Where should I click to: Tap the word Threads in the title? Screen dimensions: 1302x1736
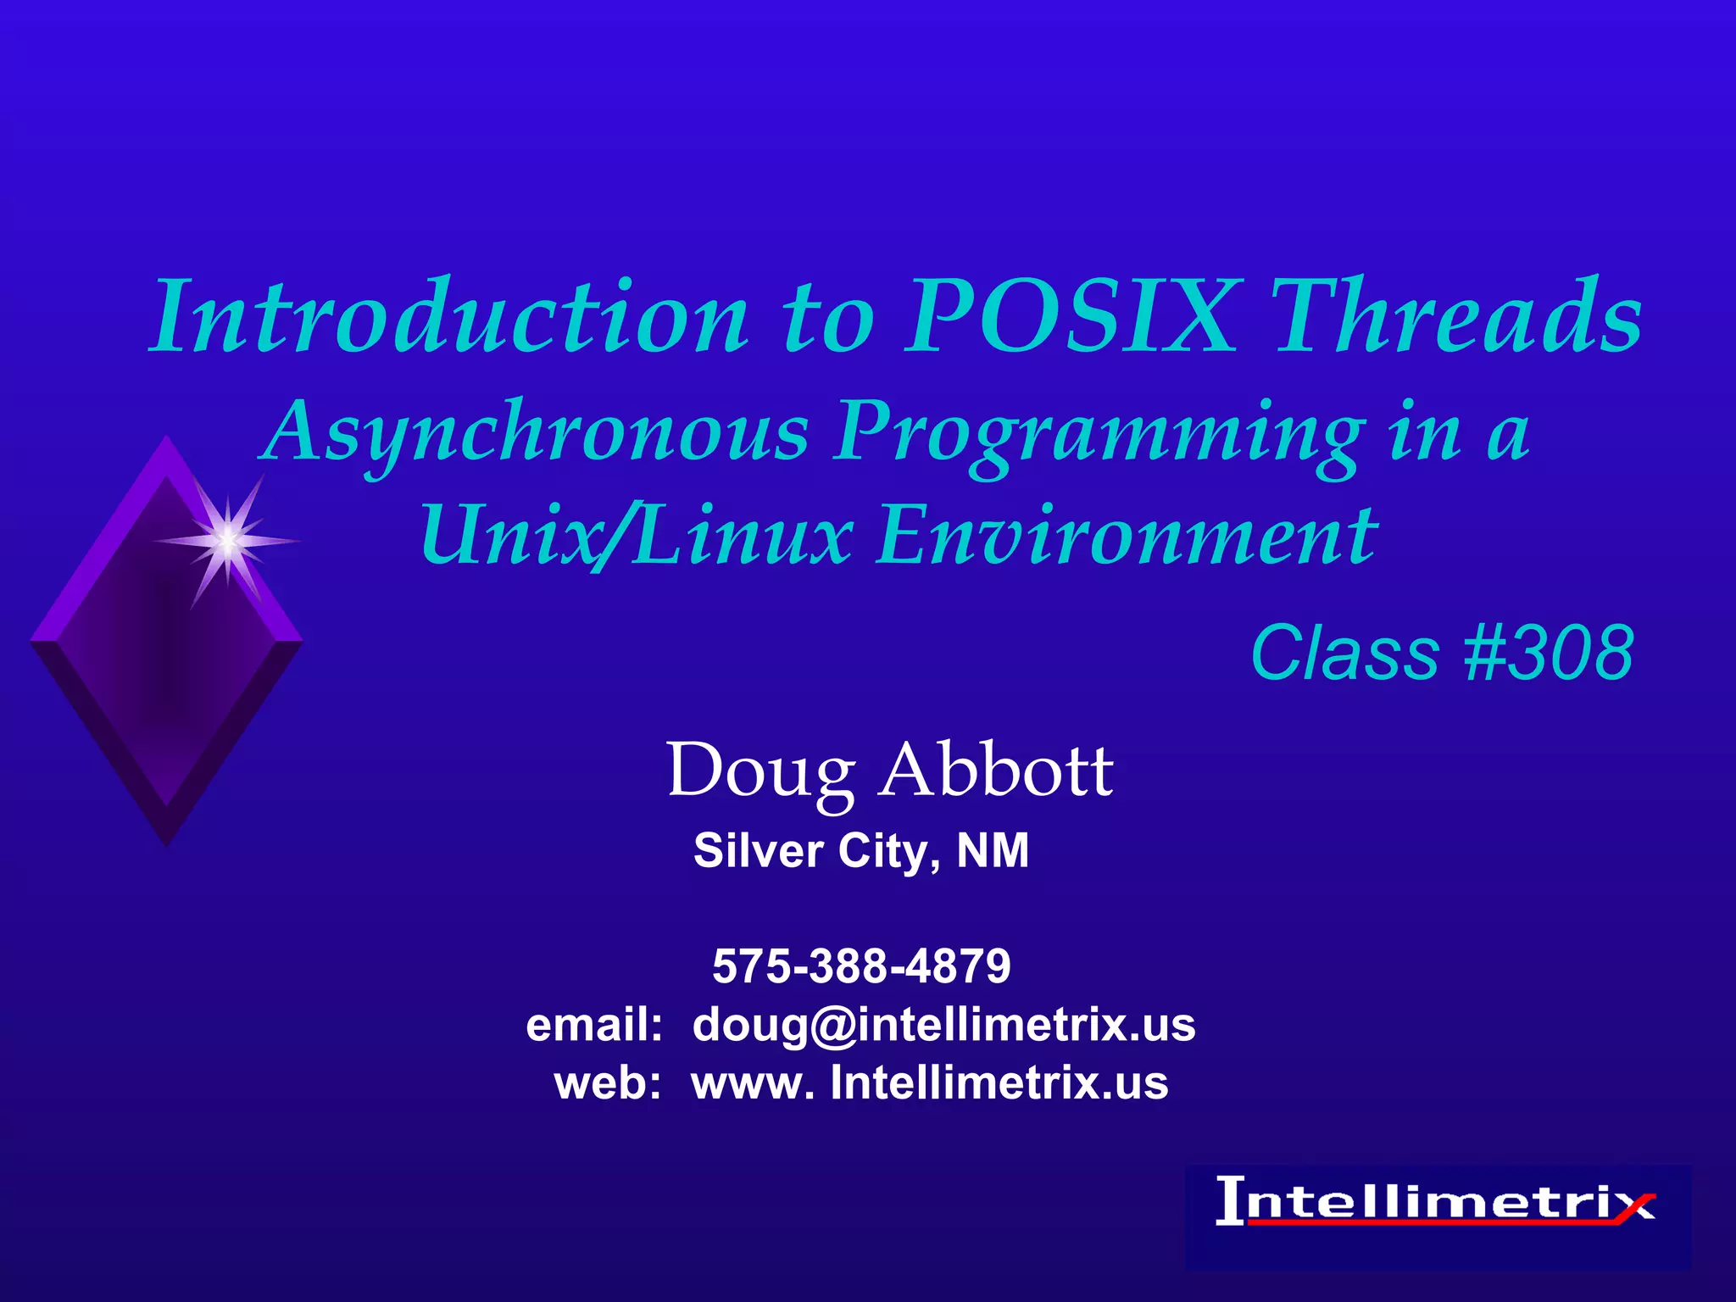[1458, 319]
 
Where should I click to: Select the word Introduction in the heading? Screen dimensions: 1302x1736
[449, 319]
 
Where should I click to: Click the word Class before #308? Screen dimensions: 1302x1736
[1344, 653]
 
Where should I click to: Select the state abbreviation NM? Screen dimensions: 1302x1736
[993, 851]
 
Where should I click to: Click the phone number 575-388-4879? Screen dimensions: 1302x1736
[861, 966]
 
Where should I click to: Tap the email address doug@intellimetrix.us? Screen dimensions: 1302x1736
[943, 1025]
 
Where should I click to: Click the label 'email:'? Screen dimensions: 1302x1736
[593, 1025]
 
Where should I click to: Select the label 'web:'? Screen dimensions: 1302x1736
[607, 1083]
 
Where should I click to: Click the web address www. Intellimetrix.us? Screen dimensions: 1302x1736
[930, 1083]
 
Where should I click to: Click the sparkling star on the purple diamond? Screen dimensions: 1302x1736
[227, 540]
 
